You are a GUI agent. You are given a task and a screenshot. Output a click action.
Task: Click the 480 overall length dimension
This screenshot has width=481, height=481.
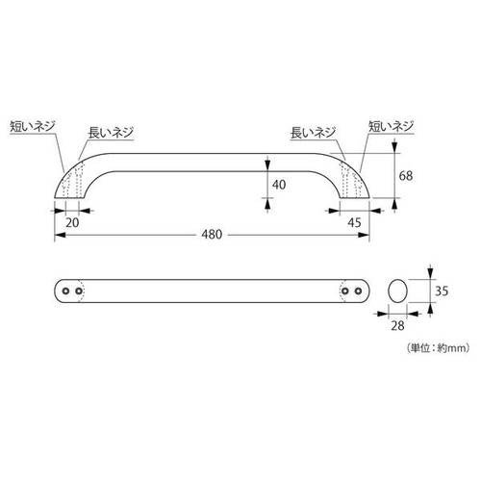coord(212,235)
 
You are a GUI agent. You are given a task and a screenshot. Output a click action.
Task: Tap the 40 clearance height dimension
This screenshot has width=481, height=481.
coord(279,185)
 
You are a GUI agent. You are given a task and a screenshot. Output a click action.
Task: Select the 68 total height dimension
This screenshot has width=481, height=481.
coord(406,176)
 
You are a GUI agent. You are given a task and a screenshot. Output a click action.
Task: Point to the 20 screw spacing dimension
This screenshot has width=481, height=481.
coord(72,222)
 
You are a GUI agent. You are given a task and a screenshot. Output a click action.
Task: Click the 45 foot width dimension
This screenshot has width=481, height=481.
coord(354,222)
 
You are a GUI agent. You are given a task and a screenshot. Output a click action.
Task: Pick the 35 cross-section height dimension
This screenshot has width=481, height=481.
coord(442,291)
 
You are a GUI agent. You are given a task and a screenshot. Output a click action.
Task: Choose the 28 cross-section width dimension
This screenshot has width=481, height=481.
coord(397,326)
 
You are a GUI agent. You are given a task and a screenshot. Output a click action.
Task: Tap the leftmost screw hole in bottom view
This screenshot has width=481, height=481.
coord(65,291)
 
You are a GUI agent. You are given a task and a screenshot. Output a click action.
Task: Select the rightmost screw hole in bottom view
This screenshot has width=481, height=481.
coord(359,291)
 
